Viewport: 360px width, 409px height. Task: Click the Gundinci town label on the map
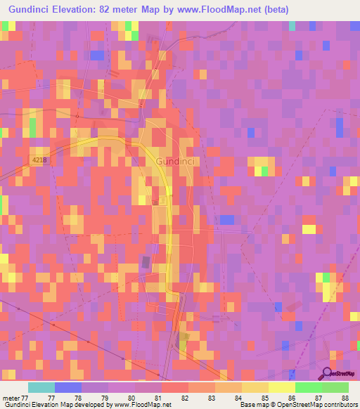tap(174, 161)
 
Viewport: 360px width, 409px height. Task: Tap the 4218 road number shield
tap(40, 161)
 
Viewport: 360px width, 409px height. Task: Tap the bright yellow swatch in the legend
tap(281, 387)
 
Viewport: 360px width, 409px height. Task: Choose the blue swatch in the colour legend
tap(67, 387)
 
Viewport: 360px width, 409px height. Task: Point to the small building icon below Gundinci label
tap(161, 200)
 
